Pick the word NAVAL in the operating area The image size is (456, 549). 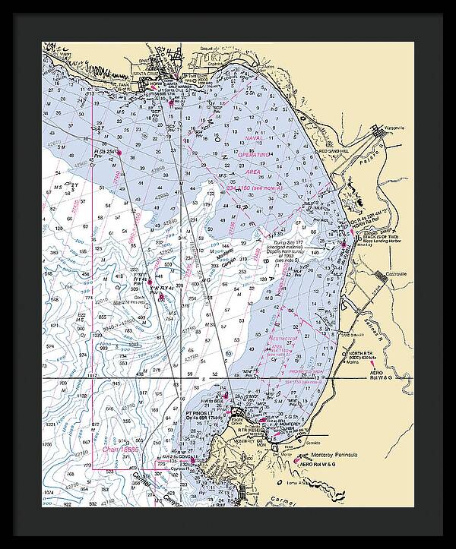253,139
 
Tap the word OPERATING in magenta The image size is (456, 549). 253,154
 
